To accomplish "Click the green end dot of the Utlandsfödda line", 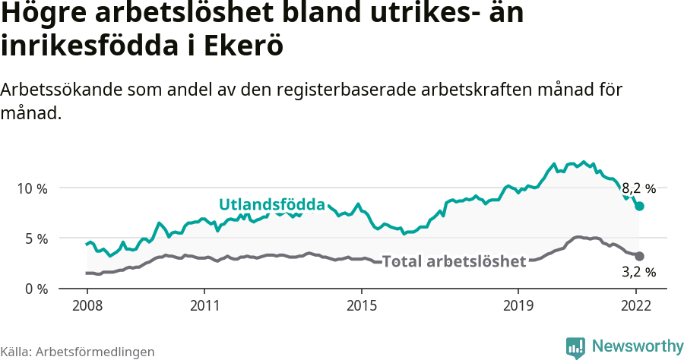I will click(639, 206).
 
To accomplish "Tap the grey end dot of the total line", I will click(639, 257).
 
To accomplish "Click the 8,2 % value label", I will click(638, 188).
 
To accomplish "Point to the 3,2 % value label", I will click(638, 271).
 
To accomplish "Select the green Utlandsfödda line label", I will click(271, 205).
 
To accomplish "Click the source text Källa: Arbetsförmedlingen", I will click(78, 352).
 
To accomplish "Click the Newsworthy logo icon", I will click(575, 347).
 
